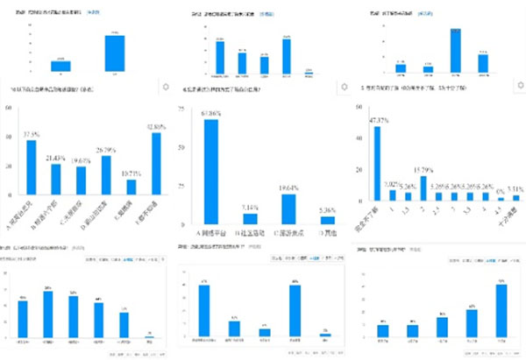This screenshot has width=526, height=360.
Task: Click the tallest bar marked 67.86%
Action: tap(210, 171)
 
